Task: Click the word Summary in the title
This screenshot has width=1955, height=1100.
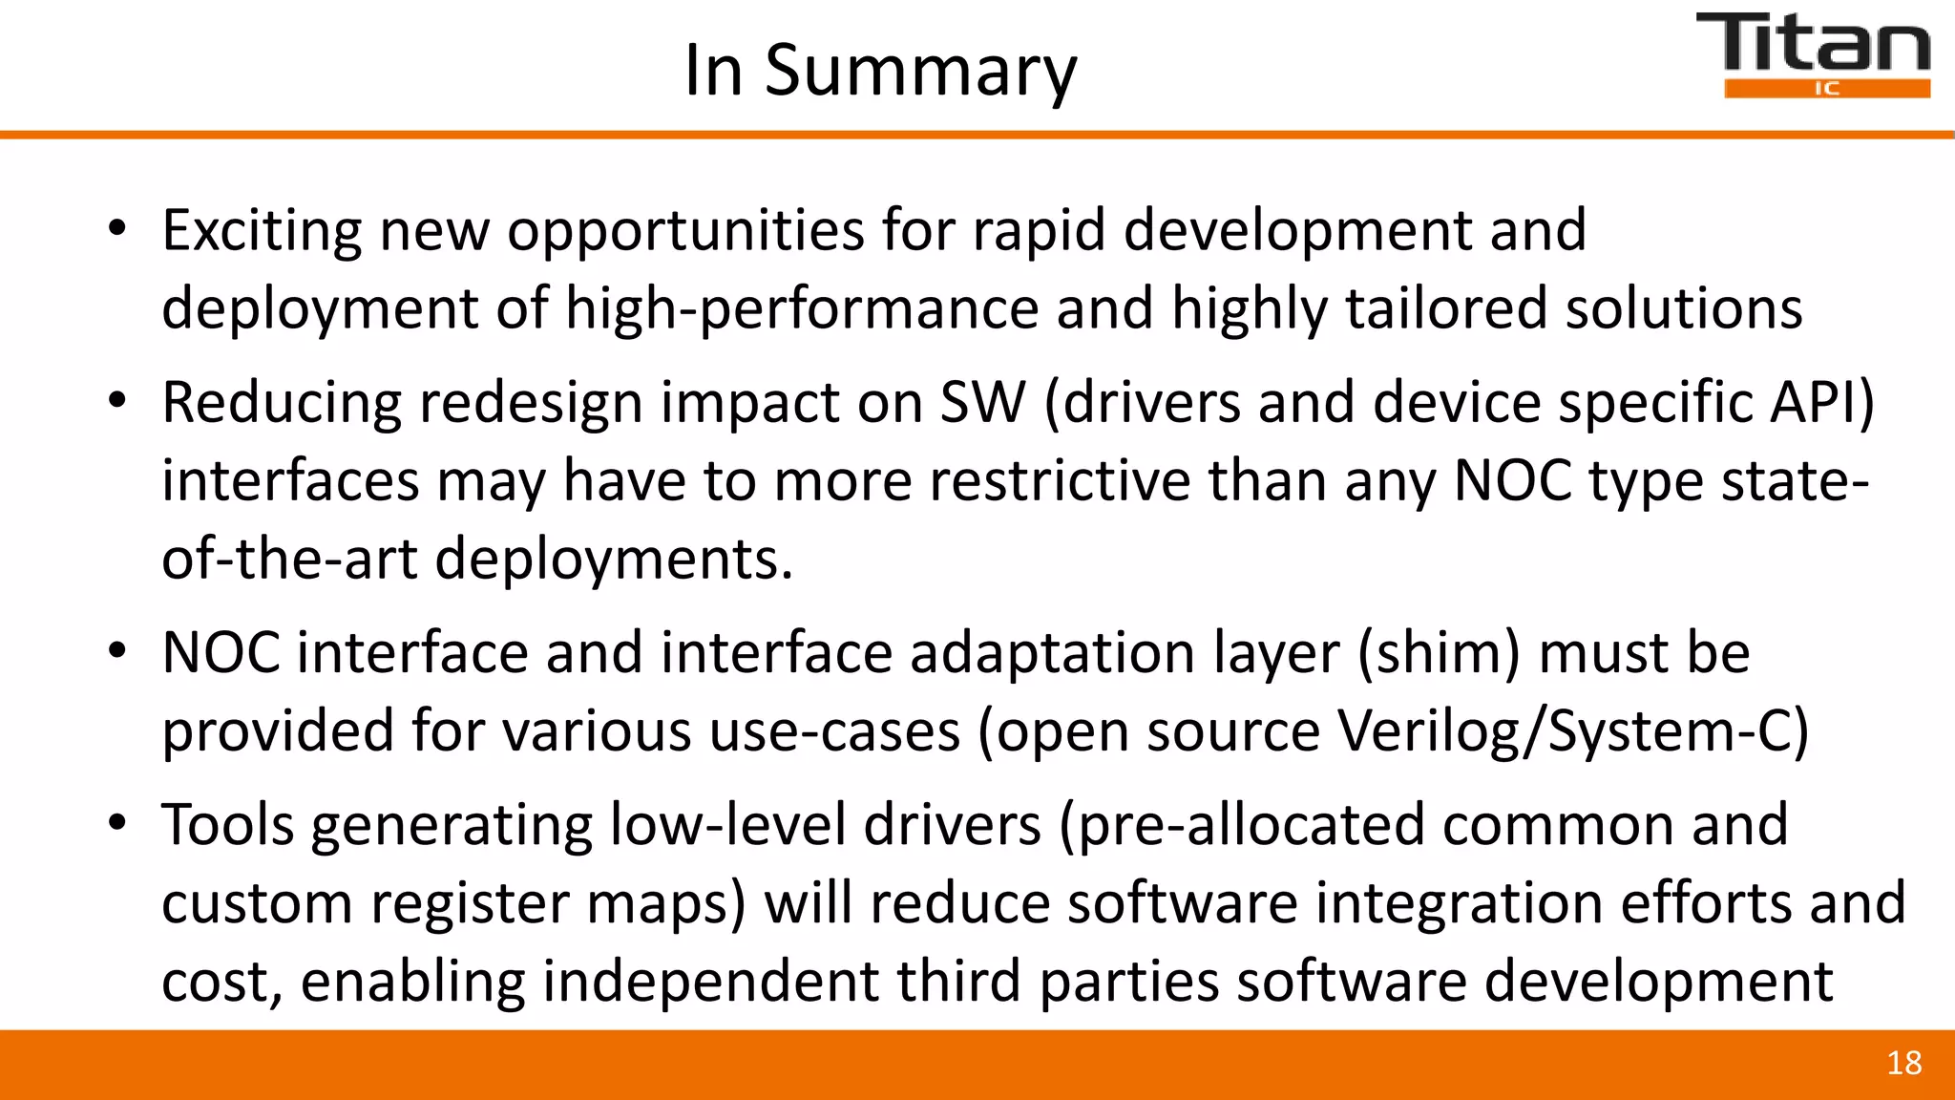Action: [920, 72]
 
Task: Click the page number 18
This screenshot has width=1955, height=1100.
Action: [1903, 1064]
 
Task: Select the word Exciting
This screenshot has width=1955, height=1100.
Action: [262, 231]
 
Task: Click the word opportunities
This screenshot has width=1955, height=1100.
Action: [684, 231]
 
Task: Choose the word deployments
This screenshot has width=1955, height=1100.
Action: [614, 559]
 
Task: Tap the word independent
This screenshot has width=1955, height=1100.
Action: [709, 982]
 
